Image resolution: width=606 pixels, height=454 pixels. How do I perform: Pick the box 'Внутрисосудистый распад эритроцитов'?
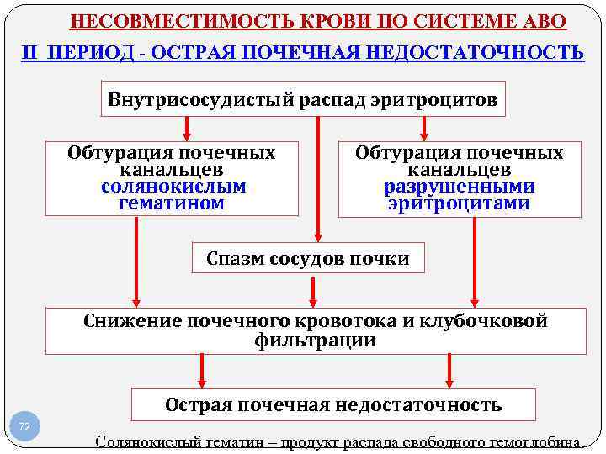[x=303, y=99]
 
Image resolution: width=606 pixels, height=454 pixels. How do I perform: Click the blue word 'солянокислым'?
[x=173, y=187]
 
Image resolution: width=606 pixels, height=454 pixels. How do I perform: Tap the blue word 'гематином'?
[x=172, y=203]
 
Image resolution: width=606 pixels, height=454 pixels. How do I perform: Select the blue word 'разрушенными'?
[x=459, y=187]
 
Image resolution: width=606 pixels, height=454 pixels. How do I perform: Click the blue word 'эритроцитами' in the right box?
[x=459, y=203]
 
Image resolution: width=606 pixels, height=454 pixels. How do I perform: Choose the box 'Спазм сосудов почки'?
[x=308, y=258]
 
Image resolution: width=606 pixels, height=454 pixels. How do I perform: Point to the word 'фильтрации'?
[x=315, y=340]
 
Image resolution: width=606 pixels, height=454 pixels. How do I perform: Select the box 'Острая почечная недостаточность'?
[x=333, y=404]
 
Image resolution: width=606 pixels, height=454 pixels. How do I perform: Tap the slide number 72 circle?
[x=24, y=427]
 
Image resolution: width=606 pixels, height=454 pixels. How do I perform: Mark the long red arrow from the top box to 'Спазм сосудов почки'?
[x=318, y=177]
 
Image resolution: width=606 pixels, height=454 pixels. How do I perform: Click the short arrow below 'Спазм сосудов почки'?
[x=313, y=290]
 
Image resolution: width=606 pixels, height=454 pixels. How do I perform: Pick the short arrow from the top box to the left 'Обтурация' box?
[x=187, y=128]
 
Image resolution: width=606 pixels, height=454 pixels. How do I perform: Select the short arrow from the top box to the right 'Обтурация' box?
[x=424, y=128]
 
